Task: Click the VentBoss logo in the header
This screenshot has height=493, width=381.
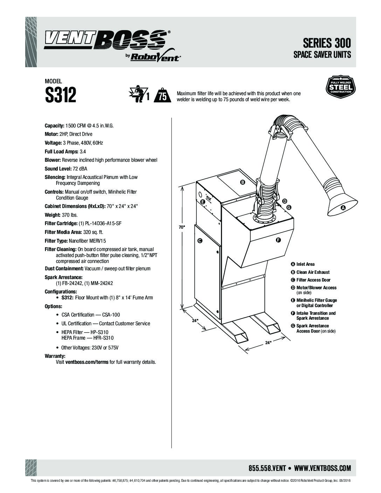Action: pyautogui.click(x=112, y=46)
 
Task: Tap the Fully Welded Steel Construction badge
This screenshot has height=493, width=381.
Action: pyautogui.click(x=341, y=87)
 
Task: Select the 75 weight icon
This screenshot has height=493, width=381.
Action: pyautogui.click(x=162, y=95)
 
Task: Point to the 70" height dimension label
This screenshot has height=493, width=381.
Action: pyautogui.click(x=182, y=227)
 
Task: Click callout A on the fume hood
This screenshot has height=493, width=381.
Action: pyautogui.click(x=343, y=208)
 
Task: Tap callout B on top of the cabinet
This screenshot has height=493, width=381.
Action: pyautogui.click(x=242, y=182)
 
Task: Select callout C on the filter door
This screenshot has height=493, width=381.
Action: pyautogui.click(x=200, y=241)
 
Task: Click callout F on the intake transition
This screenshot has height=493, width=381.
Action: pyautogui.click(x=278, y=240)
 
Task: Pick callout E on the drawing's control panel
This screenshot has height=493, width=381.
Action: pyautogui.click(x=203, y=202)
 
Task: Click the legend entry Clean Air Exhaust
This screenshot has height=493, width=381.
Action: pyautogui.click(x=313, y=272)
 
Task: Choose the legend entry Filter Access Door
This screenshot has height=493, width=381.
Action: pyautogui.click(x=313, y=280)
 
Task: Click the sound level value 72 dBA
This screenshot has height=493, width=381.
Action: pyautogui.click(x=80, y=168)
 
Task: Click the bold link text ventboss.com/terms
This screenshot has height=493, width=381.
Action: pyautogui.click(x=87, y=362)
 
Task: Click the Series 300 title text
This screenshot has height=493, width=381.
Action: pyautogui.click(x=327, y=43)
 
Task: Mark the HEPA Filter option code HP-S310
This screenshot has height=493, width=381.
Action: pyautogui.click(x=99, y=332)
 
